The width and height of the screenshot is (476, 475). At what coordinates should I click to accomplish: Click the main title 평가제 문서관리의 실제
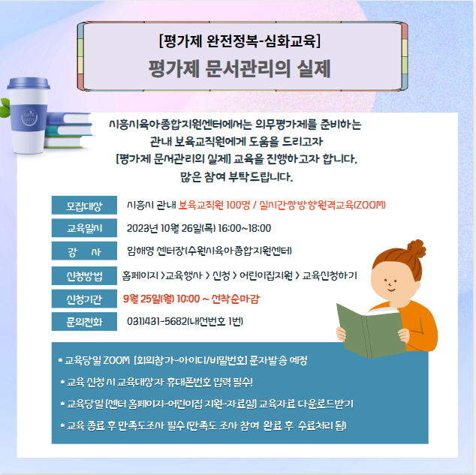point(240,68)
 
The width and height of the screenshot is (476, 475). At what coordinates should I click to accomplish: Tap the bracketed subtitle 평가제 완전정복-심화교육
point(240,41)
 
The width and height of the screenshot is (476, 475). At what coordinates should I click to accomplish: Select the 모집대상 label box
point(84,206)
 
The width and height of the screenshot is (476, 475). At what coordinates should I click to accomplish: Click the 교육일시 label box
point(84,228)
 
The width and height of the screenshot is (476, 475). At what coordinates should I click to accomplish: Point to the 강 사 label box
point(84,251)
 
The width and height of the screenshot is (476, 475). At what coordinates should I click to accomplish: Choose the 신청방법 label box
point(84,275)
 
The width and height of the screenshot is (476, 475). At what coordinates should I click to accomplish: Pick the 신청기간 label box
point(84,299)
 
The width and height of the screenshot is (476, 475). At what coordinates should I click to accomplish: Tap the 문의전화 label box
point(84,321)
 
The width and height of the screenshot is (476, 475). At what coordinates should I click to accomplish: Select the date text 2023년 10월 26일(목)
point(171,228)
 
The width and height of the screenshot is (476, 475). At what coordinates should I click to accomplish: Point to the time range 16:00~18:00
point(244,228)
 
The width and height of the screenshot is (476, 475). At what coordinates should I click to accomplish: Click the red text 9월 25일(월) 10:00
point(161,299)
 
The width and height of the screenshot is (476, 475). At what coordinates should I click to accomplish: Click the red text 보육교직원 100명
point(214,205)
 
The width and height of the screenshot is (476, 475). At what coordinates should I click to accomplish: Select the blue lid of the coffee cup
point(29,83)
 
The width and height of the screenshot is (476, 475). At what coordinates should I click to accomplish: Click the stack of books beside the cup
point(68,131)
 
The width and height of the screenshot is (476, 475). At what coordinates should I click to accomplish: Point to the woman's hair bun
point(417,248)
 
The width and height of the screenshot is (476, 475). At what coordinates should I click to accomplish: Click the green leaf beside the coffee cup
point(5,107)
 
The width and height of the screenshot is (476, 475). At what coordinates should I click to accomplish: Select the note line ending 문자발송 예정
point(183,360)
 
